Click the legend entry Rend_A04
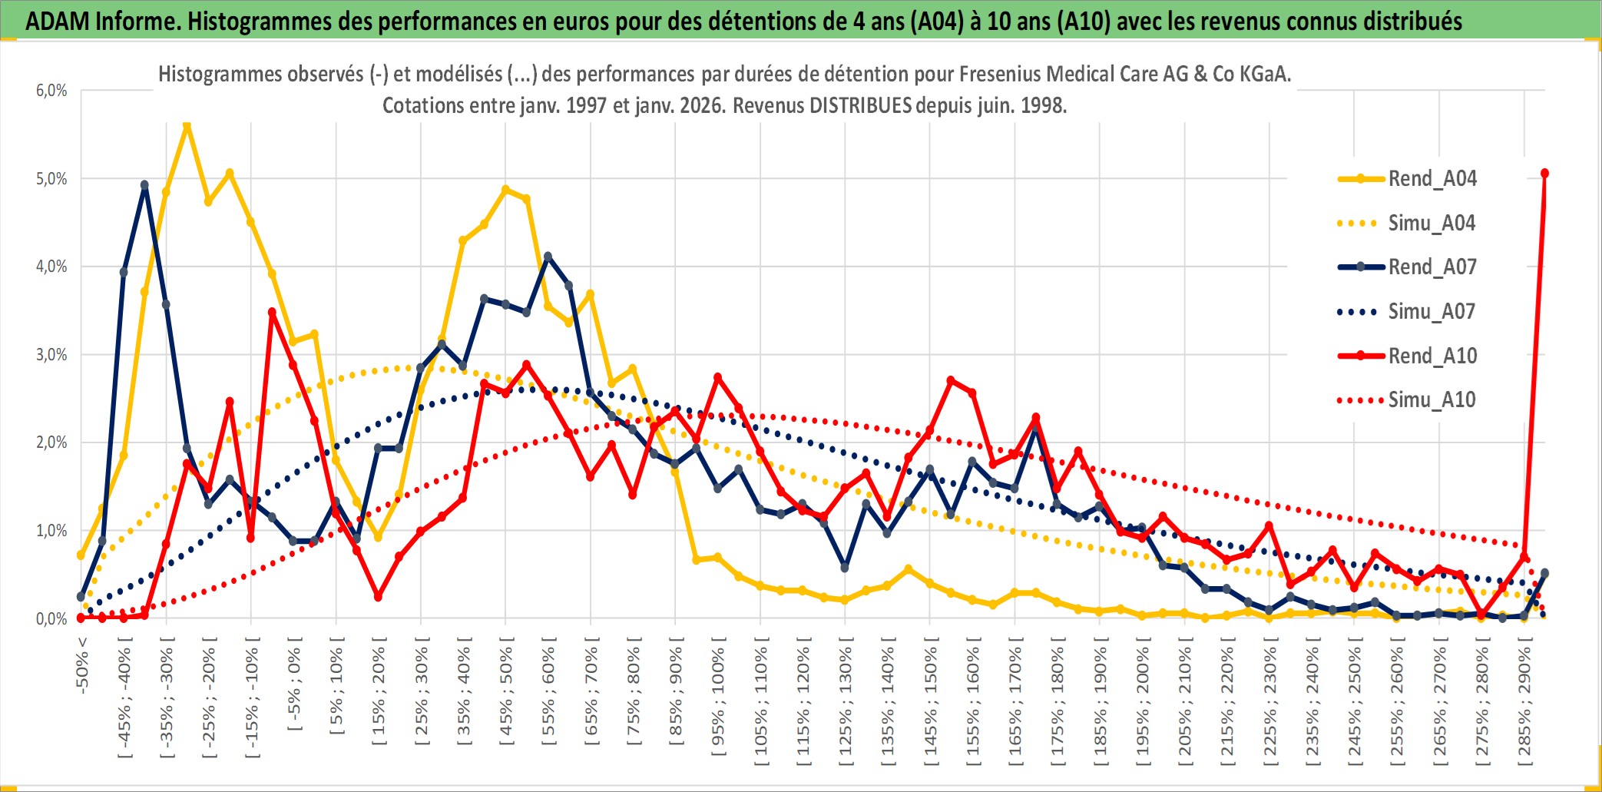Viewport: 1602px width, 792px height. pyautogui.click(x=1432, y=179)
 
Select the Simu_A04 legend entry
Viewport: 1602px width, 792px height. pyautogui.click(x=1432, y=224)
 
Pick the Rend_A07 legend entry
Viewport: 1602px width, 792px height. pyautogui.click(x=1432, y=267)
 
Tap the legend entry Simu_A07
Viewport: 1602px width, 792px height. pyautogui.click(x=1432, y=312)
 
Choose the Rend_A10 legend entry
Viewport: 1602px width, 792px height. pyautogui.click(x=1432, y=356)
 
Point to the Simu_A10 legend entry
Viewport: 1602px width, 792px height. pyautogui.click(x=1432, y=400)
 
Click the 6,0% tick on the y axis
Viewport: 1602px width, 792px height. pyautogui.click(x=51, y=91)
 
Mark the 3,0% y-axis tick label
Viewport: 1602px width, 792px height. pyautogui.click(x=51, y=355)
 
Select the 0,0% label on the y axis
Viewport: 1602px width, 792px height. pyautogui.click(x=51, y=619)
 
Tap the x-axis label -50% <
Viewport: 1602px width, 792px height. pyautogui.click(x=82, y=665)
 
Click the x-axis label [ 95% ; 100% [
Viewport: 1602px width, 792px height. pyautogui.click(x=718, y=701)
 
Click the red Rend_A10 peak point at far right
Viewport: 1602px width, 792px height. pyautogui.click(x=1544, y=174)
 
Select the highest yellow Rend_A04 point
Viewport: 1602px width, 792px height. pyautogui.click(x=187, y=124)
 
